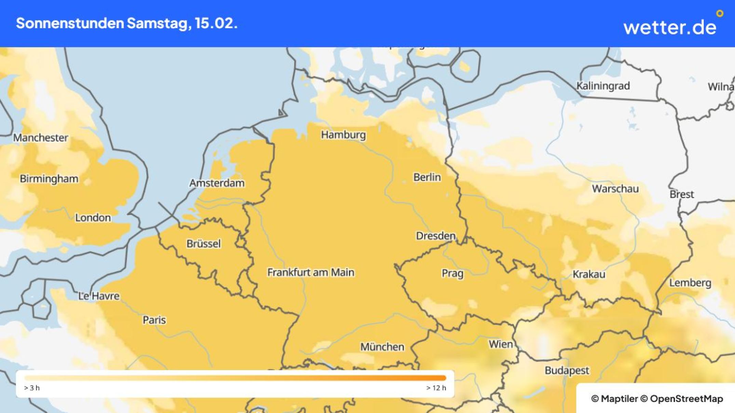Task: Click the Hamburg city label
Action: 343,135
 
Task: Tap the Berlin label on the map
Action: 427,177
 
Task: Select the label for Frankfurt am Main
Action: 310,272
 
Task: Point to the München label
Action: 382,347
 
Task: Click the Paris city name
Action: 154,320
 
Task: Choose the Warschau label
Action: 615,189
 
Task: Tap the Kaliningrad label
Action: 603,86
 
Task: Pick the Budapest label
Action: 567,370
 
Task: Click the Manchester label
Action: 40,138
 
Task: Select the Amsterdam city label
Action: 217,183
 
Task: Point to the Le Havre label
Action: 99,296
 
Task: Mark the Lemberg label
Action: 690,283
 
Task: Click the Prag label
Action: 452,273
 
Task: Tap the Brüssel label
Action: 203,244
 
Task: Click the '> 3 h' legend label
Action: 32,388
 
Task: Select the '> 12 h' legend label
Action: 436,388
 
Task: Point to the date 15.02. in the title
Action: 216,23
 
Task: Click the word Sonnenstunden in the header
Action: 70,23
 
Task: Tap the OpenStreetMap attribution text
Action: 686,399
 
